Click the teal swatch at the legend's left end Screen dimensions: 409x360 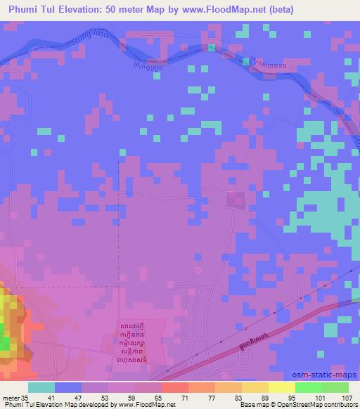tap(41, 387)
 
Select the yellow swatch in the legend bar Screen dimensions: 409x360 tap(281, 387)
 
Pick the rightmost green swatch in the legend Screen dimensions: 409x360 tap(335, 387)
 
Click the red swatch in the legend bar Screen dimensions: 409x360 tap(174, 387)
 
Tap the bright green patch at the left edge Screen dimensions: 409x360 tap(6, 343)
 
